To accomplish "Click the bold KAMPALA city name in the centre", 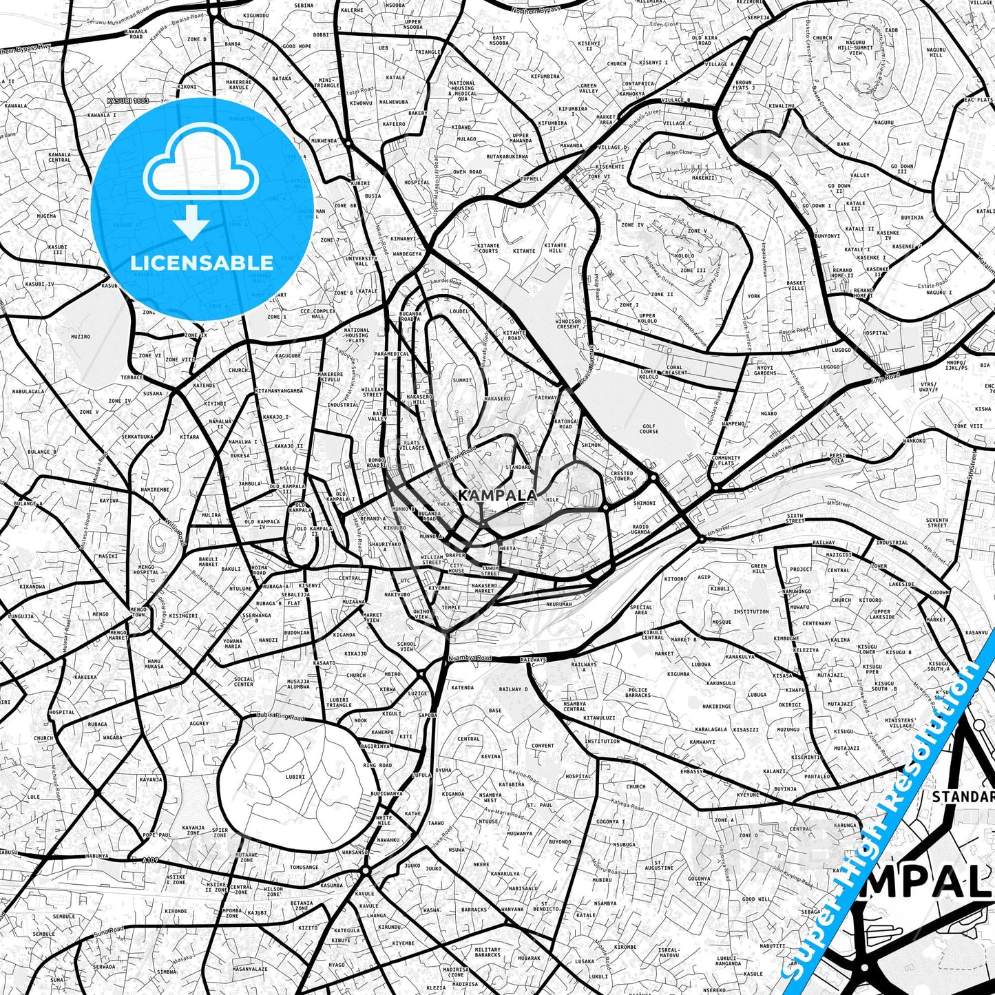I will point(497,496).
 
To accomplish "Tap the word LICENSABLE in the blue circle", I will point(202,262).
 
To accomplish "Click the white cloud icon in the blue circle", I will point(200,167).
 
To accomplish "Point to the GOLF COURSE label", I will point(649,428).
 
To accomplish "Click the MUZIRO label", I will point(81,337).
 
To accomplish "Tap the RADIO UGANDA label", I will point(640,529).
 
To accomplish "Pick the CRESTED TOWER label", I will point(622,476).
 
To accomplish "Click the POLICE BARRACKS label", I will point(638,692).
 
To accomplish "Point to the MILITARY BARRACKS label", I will point(488,952).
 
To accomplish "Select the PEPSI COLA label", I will point(837,458).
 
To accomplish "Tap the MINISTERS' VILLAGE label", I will point(901,723).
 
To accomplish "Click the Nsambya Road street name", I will point(470,659).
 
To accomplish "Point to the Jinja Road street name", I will point(884,378).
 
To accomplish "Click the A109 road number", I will point(150,860).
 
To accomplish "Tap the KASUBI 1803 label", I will point(127,101).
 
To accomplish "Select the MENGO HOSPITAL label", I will point(145,569).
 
